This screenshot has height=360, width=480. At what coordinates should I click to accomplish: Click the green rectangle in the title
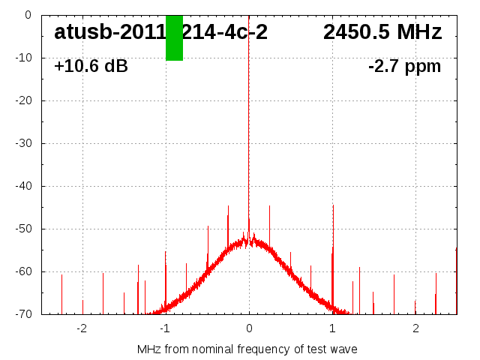click(x=174, y=38)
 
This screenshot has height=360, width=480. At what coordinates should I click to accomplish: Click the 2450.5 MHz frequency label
click(x=382, y=32)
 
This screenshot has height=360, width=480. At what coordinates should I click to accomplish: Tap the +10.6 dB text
click(x=91, y=67)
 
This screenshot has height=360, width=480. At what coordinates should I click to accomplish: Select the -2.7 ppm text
click(x=404, y=67)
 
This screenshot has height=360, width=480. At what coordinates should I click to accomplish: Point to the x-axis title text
click(x=247, y=349)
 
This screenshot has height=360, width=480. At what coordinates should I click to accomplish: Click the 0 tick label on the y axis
click(x=27, y=15)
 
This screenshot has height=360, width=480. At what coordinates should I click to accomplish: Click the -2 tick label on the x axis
click(x=81, y=328)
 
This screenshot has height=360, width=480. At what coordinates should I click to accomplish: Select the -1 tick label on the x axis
click(x=164, y=328)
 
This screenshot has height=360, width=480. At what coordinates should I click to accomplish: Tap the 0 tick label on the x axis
click(x=249, y=328)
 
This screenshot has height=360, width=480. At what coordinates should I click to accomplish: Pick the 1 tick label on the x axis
click(x=332, y=328)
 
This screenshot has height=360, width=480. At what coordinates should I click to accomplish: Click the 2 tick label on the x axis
click(x=415, y=328)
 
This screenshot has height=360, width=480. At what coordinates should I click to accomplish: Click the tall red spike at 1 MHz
click(x=333, y=247)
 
